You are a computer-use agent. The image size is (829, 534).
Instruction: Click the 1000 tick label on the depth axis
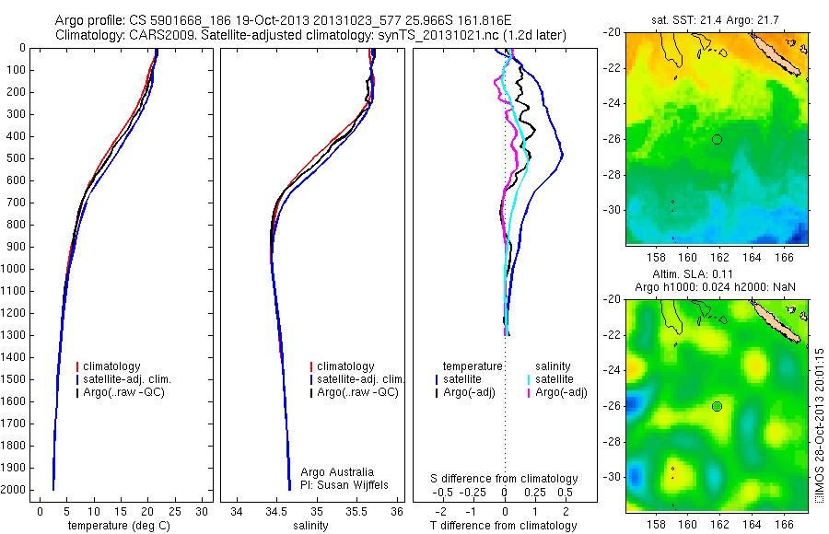pos(13,269)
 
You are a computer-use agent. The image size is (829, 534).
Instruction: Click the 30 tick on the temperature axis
pos(203,510)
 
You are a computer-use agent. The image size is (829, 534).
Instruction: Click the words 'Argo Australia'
pos(338,470)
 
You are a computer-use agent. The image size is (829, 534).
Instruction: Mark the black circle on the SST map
pos(717,139)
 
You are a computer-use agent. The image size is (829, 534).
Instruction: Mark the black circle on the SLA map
pos(717,406)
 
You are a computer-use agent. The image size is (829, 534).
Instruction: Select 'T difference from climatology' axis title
pos(505,526)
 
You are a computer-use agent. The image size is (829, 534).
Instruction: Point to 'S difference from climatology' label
pos(505,479)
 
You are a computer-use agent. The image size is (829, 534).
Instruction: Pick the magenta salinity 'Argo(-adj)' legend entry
pos(556,393)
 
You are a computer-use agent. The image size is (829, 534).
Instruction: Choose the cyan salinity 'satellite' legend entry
pos(551,379)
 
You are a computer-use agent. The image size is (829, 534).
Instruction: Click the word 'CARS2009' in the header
pos(149,35)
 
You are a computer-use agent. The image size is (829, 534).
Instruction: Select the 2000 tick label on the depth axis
pos(13,490)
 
